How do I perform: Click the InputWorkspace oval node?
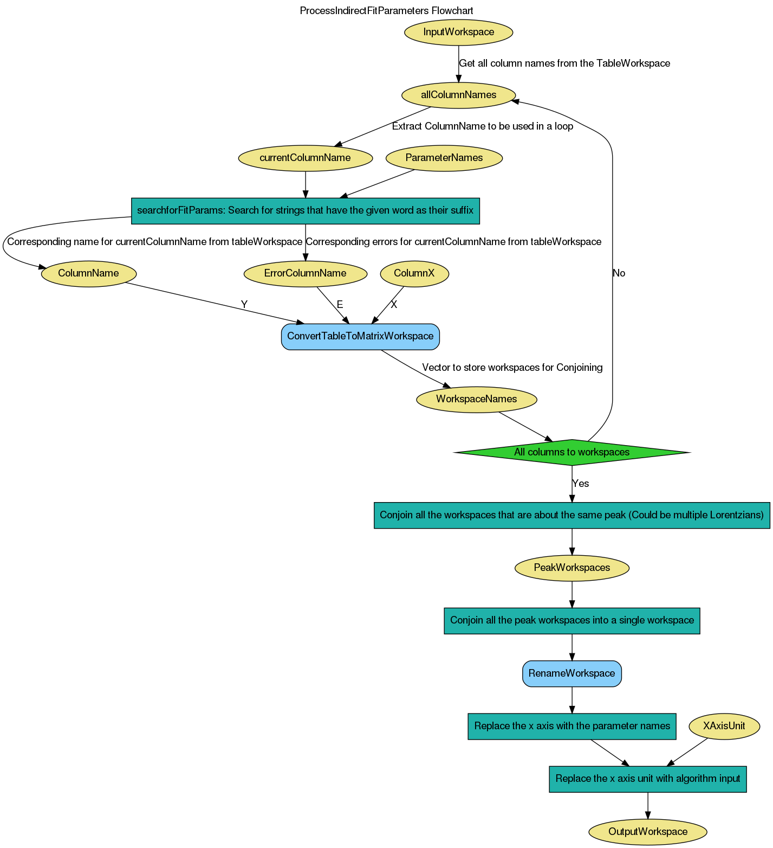tap(458, 32)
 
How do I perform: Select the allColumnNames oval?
tap(458, 95)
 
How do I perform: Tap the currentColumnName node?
tap(305, 158)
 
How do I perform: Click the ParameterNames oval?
tap(444, 158)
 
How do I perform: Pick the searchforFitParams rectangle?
tap(305, 210)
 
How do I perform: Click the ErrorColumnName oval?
tap(305, 273)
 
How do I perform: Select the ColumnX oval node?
tap(414, 273)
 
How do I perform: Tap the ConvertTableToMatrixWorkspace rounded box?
tap(360, 336)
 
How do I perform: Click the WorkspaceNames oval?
tap(476, 399)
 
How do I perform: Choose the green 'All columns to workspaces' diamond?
tap(571, 452)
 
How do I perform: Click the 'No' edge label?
tap(619, 273)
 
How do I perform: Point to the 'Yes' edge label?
tap(580, 484)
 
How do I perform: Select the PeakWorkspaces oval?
tap(571, 568)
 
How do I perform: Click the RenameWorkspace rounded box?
tap(571, 673)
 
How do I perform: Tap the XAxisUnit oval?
tap(724, 726)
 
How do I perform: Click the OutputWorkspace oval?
tap(647, 832)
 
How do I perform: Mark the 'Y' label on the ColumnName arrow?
tap(244, 305)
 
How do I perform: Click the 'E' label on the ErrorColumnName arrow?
tap(340, 305)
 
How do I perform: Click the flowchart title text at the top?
tap(387, 11)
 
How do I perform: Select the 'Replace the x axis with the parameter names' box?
tap(571, 726)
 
